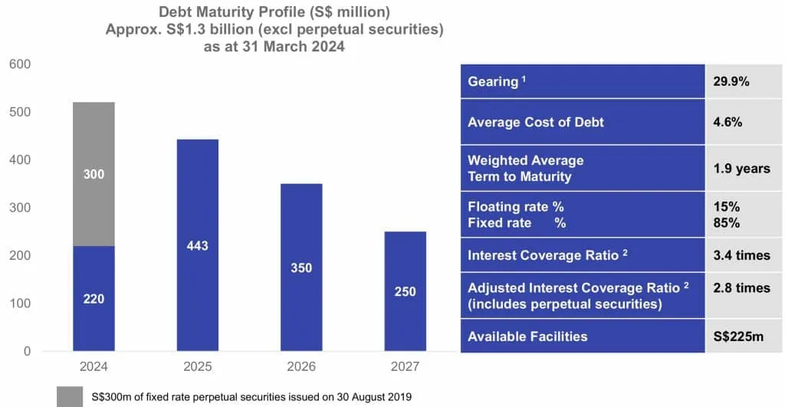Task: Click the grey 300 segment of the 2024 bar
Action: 94,174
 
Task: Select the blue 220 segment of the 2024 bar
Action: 94,298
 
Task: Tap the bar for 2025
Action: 197,245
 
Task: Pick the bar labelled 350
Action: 301,268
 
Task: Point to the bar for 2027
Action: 405,291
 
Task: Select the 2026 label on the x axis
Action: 301,367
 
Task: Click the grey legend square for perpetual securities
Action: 71,396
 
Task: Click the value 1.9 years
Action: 741,169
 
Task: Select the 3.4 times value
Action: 741,255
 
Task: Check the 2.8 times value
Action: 741,288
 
